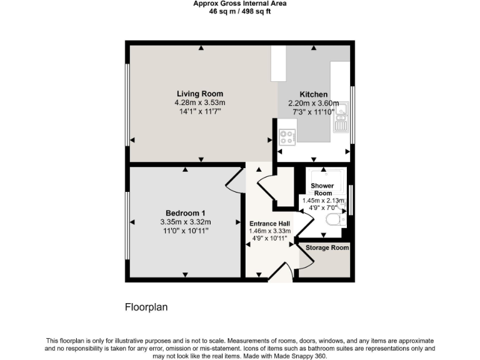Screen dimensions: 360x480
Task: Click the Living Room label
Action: point(199,94)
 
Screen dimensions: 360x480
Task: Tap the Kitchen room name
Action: point(312,94)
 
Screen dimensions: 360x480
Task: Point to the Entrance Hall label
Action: point(269,223)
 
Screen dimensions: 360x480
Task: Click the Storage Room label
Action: point(327,247)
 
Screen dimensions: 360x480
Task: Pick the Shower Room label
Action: point(322,189)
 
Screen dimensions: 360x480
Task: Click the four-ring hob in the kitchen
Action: point(287,136)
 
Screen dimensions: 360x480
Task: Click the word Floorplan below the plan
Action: point(146,307)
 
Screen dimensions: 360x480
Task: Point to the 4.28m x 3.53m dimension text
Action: point(199,103)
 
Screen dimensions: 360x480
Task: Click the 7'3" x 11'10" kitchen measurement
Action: point(312,111)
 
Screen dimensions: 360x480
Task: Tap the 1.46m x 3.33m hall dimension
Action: point(269,231)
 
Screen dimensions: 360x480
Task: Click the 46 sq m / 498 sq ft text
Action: point(240,11)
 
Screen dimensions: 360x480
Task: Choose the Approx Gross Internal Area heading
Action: point(240,3)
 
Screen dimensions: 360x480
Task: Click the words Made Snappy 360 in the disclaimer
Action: point(301,356)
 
